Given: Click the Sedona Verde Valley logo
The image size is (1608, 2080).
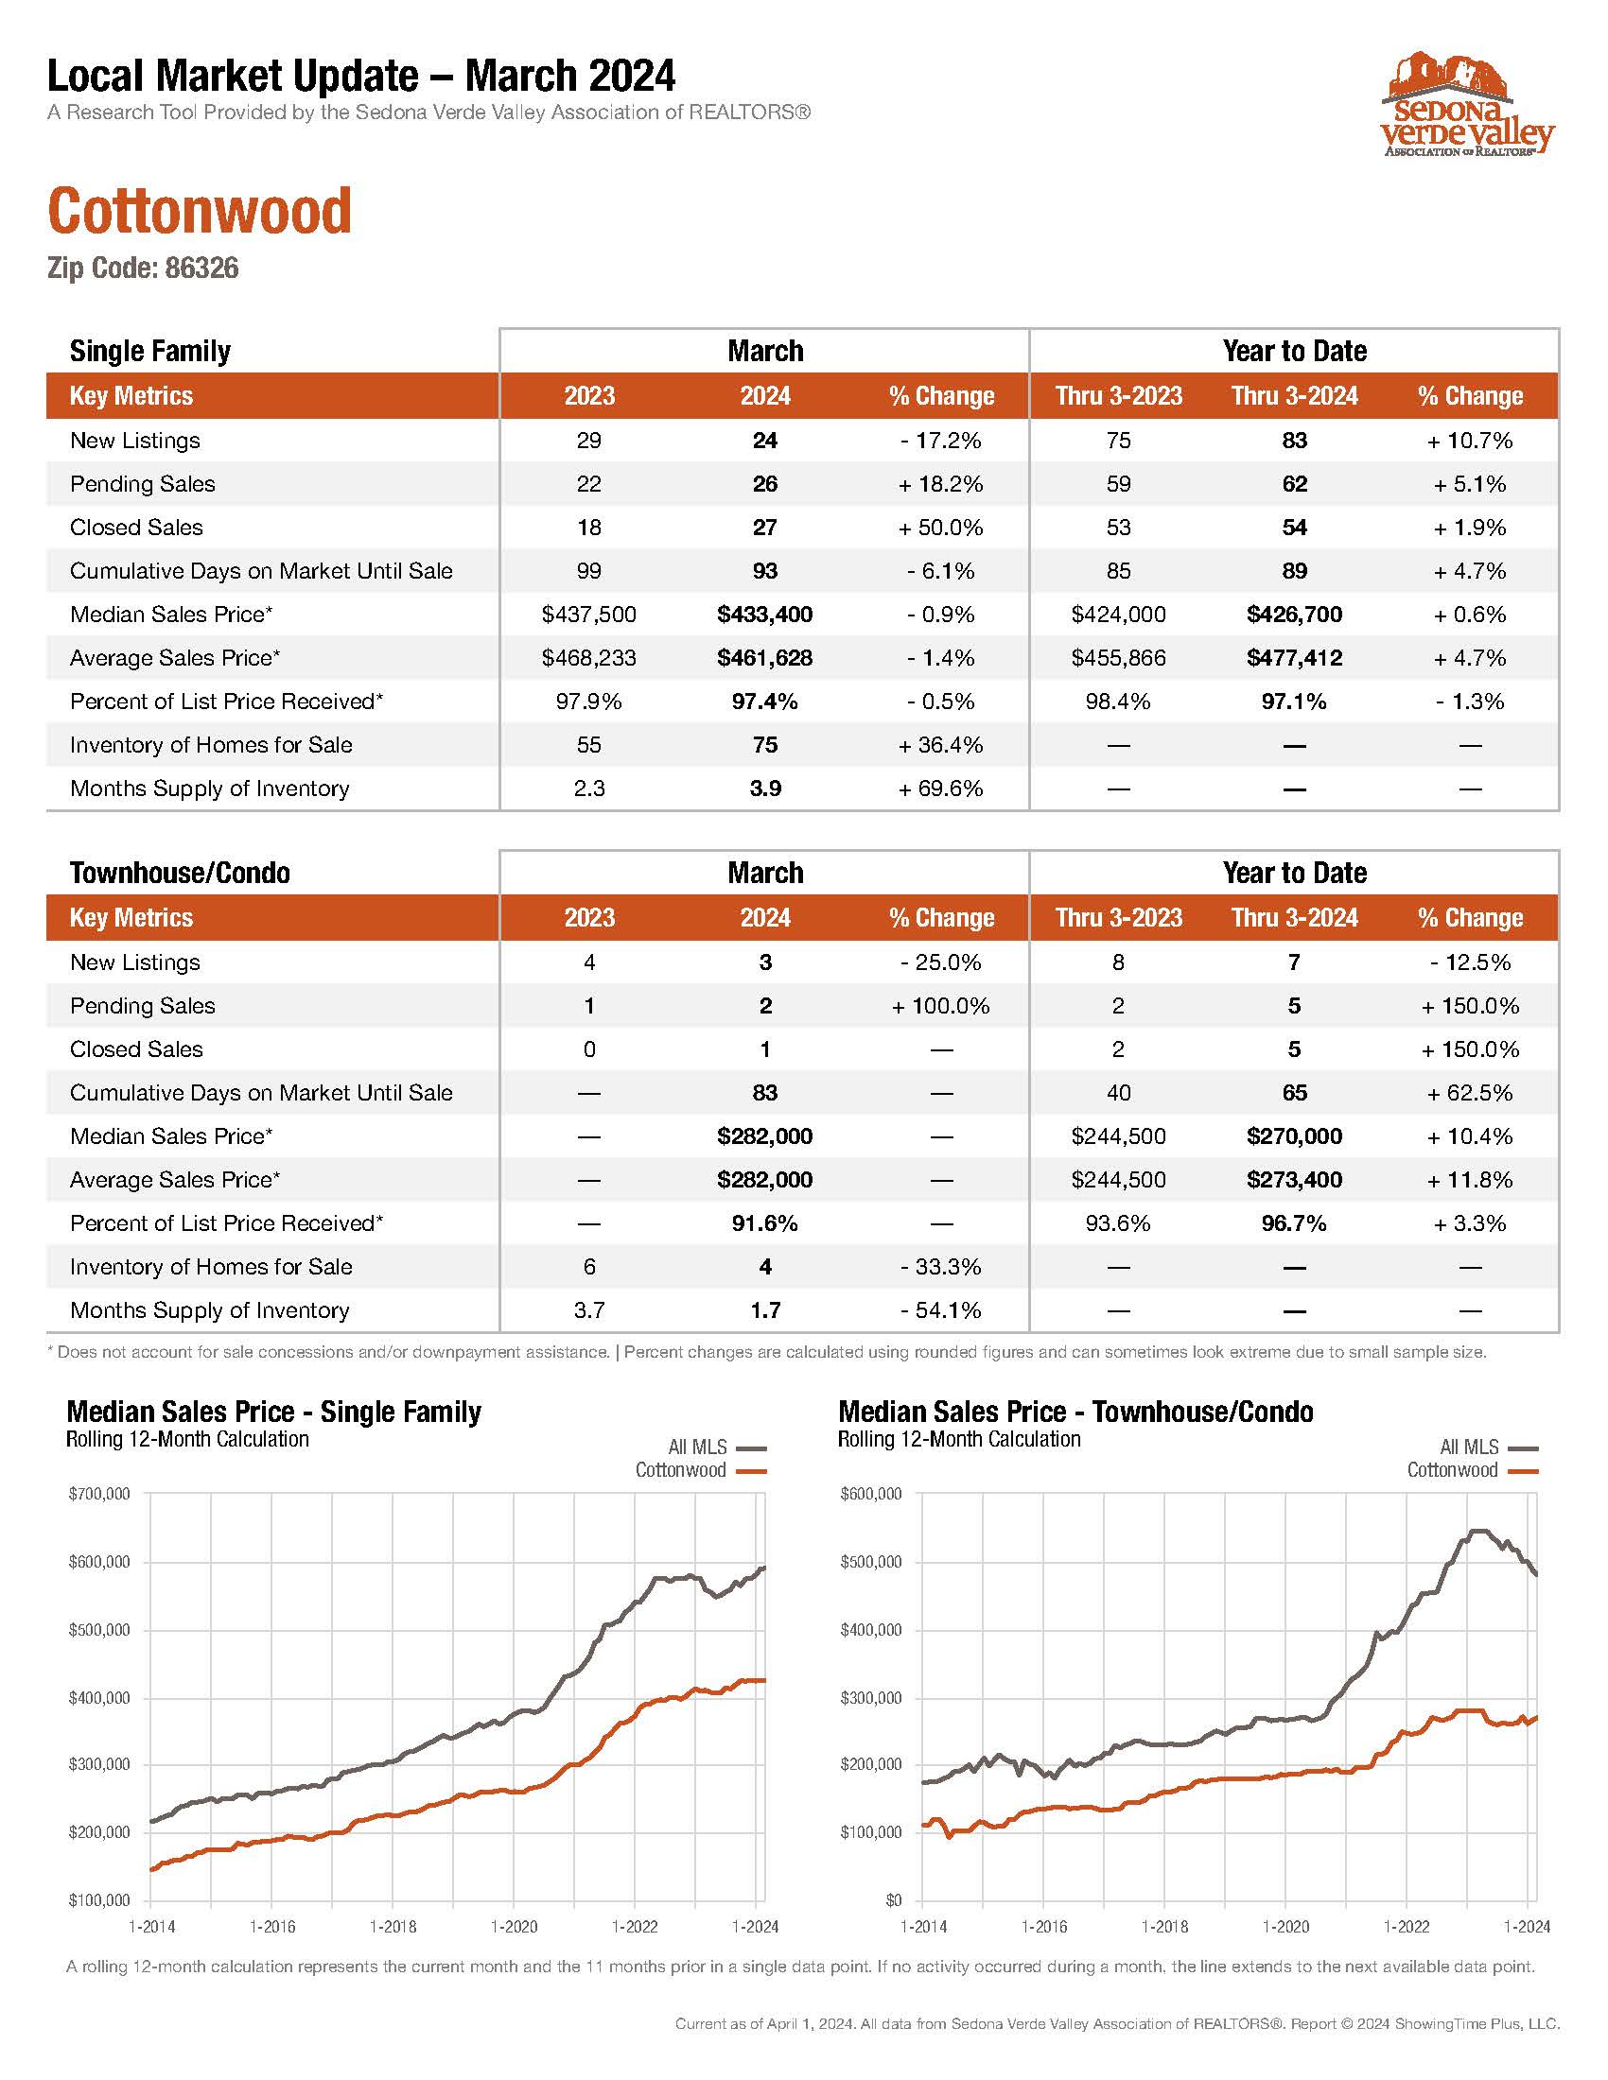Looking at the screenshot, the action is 1467,104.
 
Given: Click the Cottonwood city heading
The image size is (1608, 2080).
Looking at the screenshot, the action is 200,211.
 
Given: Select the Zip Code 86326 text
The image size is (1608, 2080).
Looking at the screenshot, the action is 143,269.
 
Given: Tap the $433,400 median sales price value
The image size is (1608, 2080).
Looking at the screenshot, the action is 765,615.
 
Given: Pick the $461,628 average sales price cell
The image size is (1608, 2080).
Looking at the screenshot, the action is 765,658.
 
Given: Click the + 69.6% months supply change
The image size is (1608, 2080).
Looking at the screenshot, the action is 941,789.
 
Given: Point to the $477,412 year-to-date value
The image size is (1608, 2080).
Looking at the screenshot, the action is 1295,658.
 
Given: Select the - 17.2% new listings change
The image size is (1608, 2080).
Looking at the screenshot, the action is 941,441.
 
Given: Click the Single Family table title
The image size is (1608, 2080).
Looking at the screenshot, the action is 150,352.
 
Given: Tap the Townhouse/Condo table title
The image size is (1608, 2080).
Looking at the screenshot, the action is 180,874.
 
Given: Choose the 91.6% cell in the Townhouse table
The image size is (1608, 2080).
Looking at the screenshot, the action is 765,1223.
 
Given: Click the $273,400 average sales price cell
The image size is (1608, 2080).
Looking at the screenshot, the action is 1295,1180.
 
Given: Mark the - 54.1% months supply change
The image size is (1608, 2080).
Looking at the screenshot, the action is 941,1310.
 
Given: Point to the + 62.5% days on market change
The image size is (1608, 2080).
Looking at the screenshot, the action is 1470,1093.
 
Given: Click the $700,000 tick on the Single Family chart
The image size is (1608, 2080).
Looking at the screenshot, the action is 99,1494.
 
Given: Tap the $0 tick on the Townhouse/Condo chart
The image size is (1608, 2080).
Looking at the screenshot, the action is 894,1901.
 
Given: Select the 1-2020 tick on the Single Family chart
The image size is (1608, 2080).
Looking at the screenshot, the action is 515,1927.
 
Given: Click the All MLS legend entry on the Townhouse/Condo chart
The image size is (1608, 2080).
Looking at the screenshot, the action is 1489,1447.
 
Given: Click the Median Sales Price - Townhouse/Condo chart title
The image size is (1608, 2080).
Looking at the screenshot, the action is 1075,1412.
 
